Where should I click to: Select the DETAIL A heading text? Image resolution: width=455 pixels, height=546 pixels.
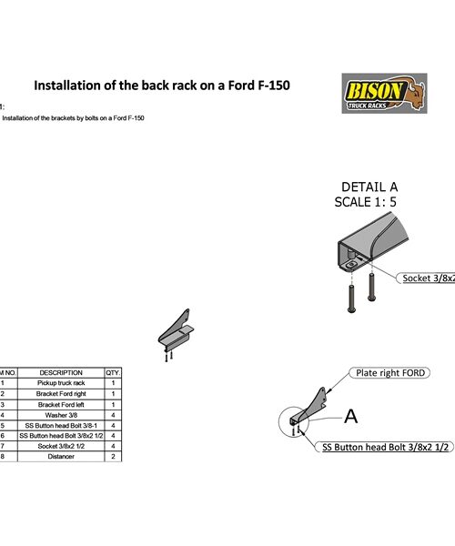point(369,187)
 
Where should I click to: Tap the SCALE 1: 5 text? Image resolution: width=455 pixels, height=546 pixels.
point(369,203)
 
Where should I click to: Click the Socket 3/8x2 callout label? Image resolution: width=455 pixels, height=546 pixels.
point(427,278)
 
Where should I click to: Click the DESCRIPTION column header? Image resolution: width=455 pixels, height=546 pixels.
point(61,372)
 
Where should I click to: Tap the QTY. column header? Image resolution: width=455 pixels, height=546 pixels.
point(113,372)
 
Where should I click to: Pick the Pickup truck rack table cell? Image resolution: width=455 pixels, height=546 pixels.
point(61,384)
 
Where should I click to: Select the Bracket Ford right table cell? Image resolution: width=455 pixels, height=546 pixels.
point(61,394)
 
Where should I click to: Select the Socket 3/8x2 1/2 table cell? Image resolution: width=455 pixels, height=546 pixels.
point(61,446)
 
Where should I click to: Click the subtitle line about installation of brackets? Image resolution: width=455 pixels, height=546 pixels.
point(73,118)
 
